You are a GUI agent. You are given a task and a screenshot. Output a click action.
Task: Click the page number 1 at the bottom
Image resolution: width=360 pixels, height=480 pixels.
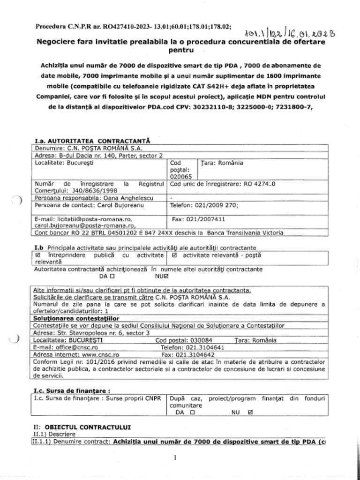pos(174,457)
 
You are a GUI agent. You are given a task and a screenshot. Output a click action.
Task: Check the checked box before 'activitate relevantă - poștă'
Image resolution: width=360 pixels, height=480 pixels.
pos(175,255)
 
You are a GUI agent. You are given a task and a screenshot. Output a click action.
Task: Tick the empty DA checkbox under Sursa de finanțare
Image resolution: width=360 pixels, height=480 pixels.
pos(192,412)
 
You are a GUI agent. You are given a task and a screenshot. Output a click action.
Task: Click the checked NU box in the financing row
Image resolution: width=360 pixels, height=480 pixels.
pos(249,412)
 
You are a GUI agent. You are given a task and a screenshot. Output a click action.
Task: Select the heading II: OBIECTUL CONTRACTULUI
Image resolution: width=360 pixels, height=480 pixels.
pos(82,427)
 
